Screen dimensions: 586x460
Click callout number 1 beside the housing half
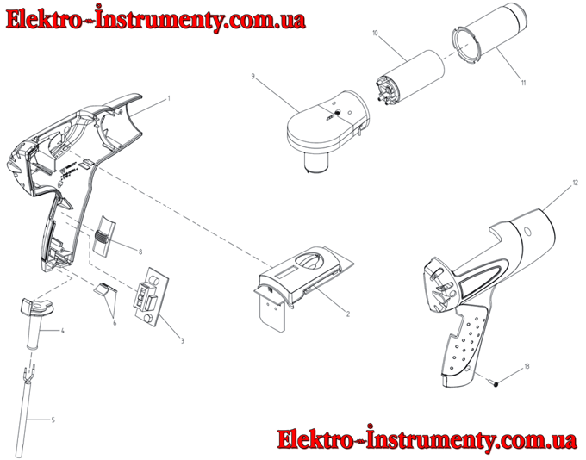(169, 99)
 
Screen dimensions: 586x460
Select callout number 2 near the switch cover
(348, 314)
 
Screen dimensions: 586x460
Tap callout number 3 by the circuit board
(183, 341)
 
